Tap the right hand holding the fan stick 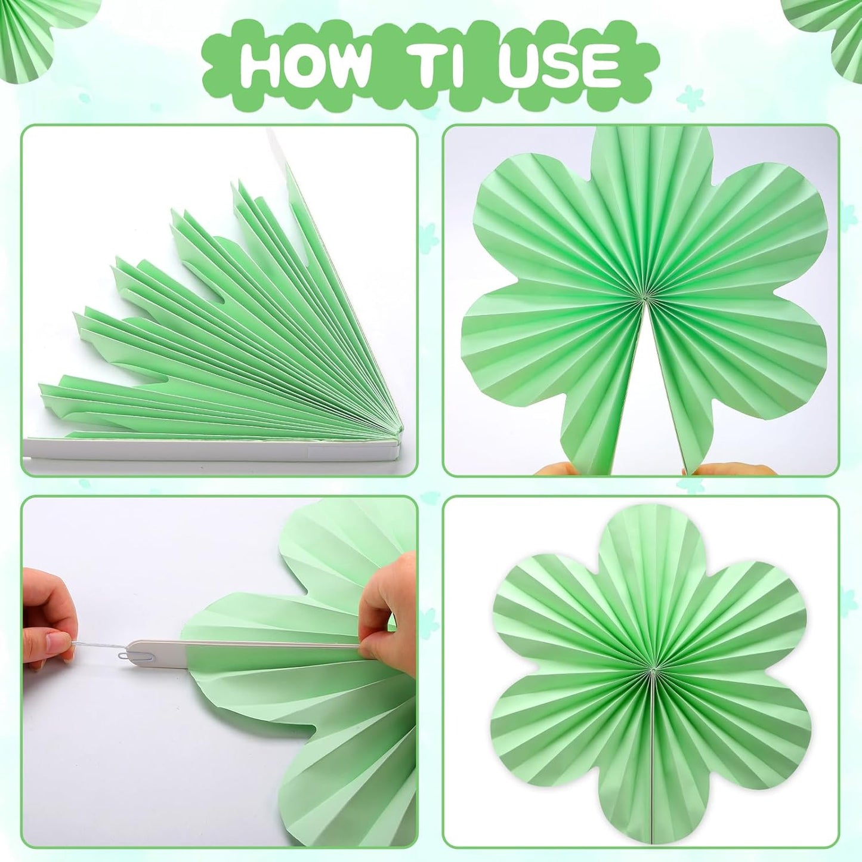coord(388,603)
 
